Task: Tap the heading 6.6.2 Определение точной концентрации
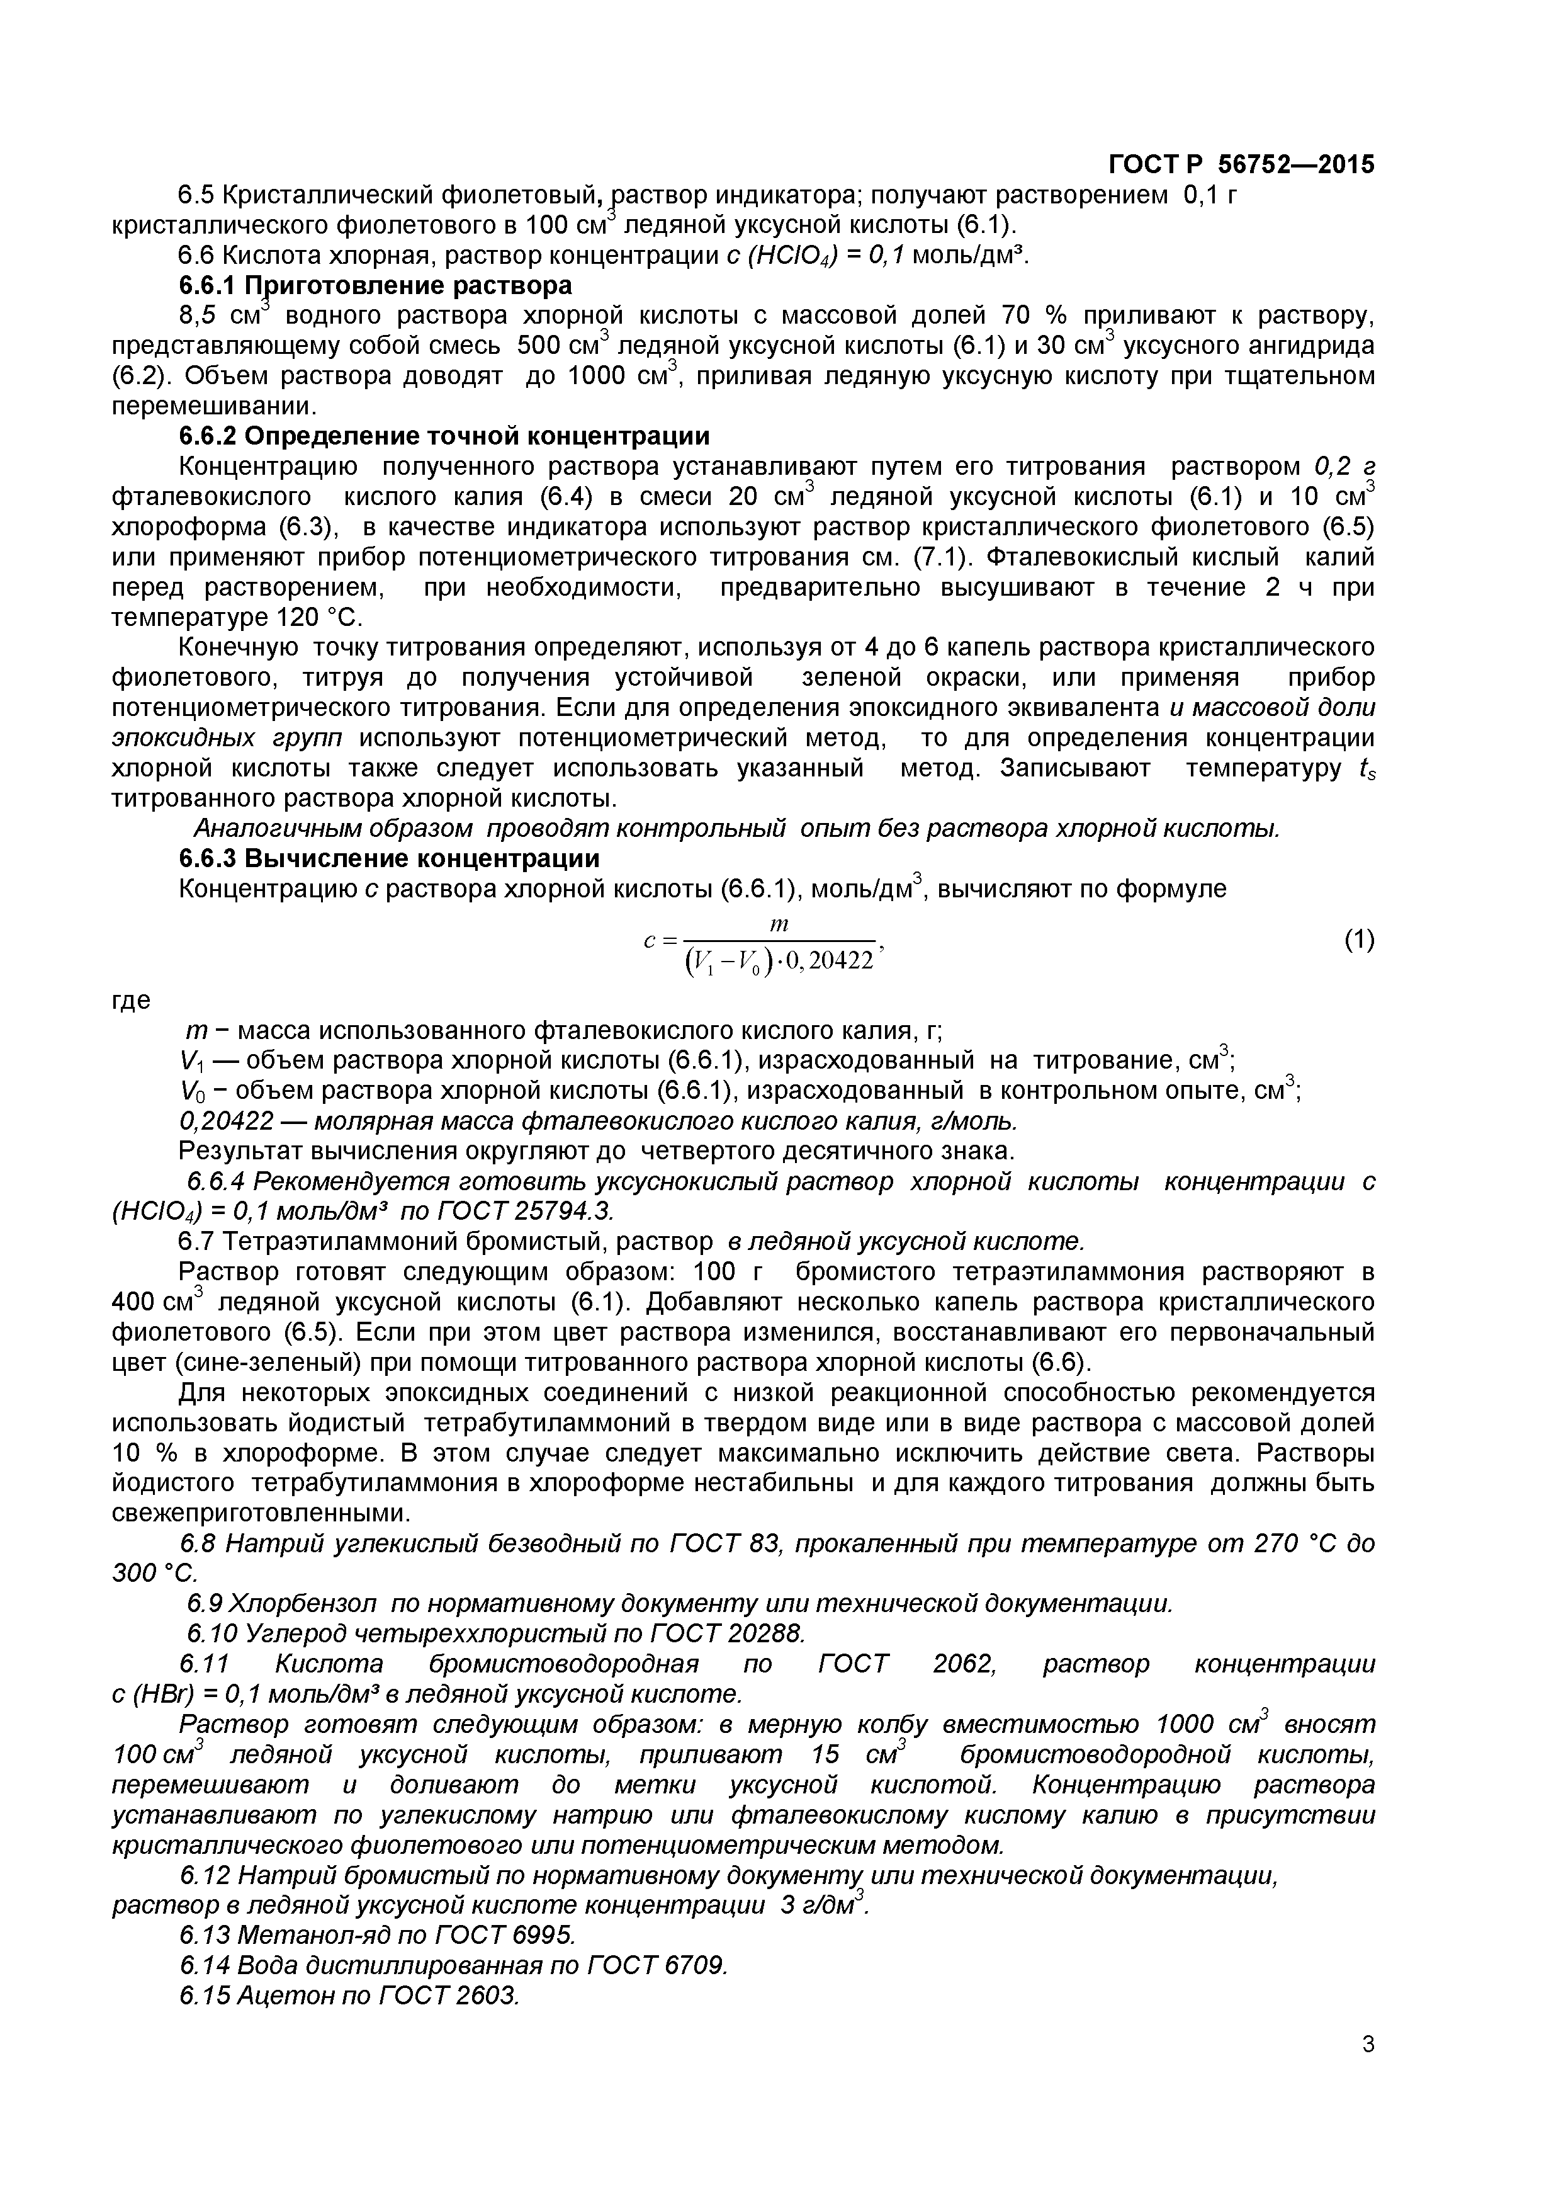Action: (444, 436)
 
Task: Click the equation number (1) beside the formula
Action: (1358, 940)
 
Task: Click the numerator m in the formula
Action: (779, 924)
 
